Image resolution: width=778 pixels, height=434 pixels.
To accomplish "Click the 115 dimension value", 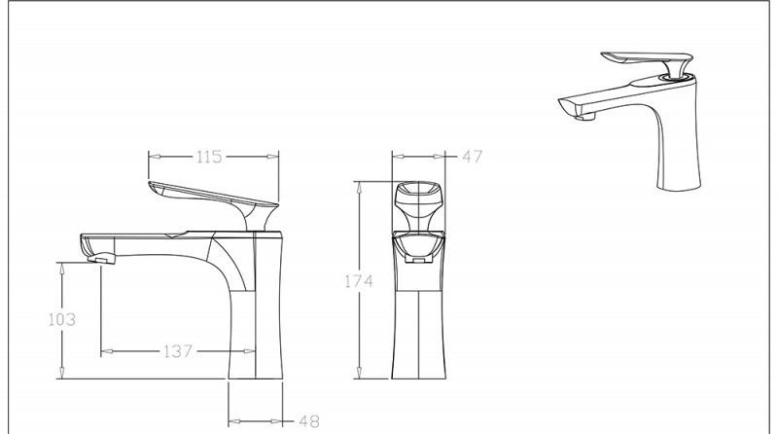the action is (209, 157).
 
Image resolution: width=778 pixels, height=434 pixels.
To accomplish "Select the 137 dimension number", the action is (178, 351).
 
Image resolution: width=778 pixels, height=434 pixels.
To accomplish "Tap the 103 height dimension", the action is (62, 319).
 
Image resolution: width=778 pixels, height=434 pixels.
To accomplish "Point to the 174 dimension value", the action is (359, 281).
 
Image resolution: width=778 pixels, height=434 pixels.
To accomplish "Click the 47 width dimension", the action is (472, 157).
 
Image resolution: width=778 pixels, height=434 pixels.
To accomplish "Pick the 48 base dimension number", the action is (308, 422).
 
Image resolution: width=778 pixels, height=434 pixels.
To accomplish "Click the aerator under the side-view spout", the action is (101, 258).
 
